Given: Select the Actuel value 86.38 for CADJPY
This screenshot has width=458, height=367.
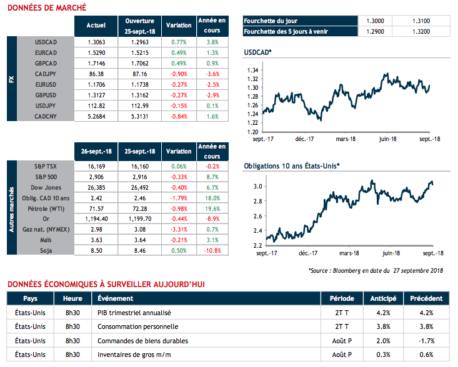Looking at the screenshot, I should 94,74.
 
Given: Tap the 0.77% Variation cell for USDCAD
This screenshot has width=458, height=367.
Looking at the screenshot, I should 179,41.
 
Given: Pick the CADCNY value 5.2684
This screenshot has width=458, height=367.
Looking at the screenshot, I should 94,116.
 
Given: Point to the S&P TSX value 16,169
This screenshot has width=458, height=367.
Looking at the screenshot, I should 94,167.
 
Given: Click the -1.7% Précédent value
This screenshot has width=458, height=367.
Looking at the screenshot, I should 427,341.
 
